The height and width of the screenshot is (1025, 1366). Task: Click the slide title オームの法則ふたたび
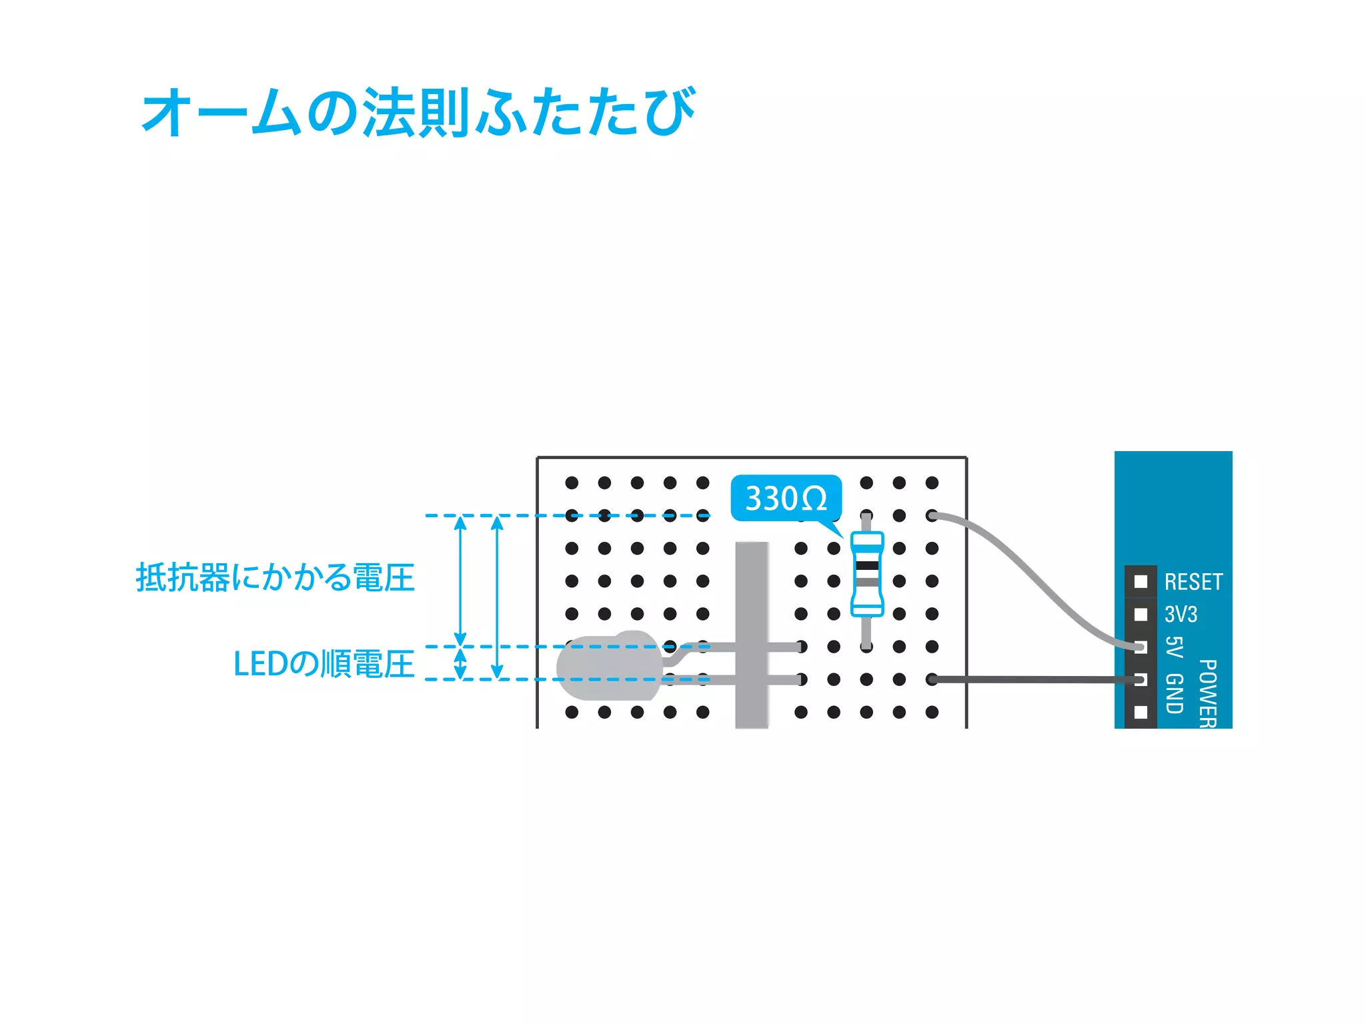coord(419,112)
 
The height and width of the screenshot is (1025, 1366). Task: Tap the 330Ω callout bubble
coord(786,498)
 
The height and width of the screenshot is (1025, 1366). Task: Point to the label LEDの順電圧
coord(323,664)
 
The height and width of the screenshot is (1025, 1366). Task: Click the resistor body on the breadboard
coord(866,574)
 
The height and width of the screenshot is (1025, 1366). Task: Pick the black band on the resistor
coord(866,565)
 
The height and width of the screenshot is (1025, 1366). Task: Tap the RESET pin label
coord(1193,582)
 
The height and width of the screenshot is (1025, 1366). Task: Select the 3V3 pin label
coord(1181,614)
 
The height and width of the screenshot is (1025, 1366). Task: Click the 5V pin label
coord(1174,647)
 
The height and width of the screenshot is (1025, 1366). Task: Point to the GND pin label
coord(1174,694)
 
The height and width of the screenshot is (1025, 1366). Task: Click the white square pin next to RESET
coord(1141,581)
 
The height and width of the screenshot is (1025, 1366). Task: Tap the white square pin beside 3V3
coord(1141,614)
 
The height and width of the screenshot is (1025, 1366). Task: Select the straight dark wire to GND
coord(1034,679)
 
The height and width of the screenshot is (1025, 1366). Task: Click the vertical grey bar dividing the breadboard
coord(752,634)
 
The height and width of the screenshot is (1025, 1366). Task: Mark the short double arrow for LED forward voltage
coord(460,663)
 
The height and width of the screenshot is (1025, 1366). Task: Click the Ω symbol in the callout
coord(813,499)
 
